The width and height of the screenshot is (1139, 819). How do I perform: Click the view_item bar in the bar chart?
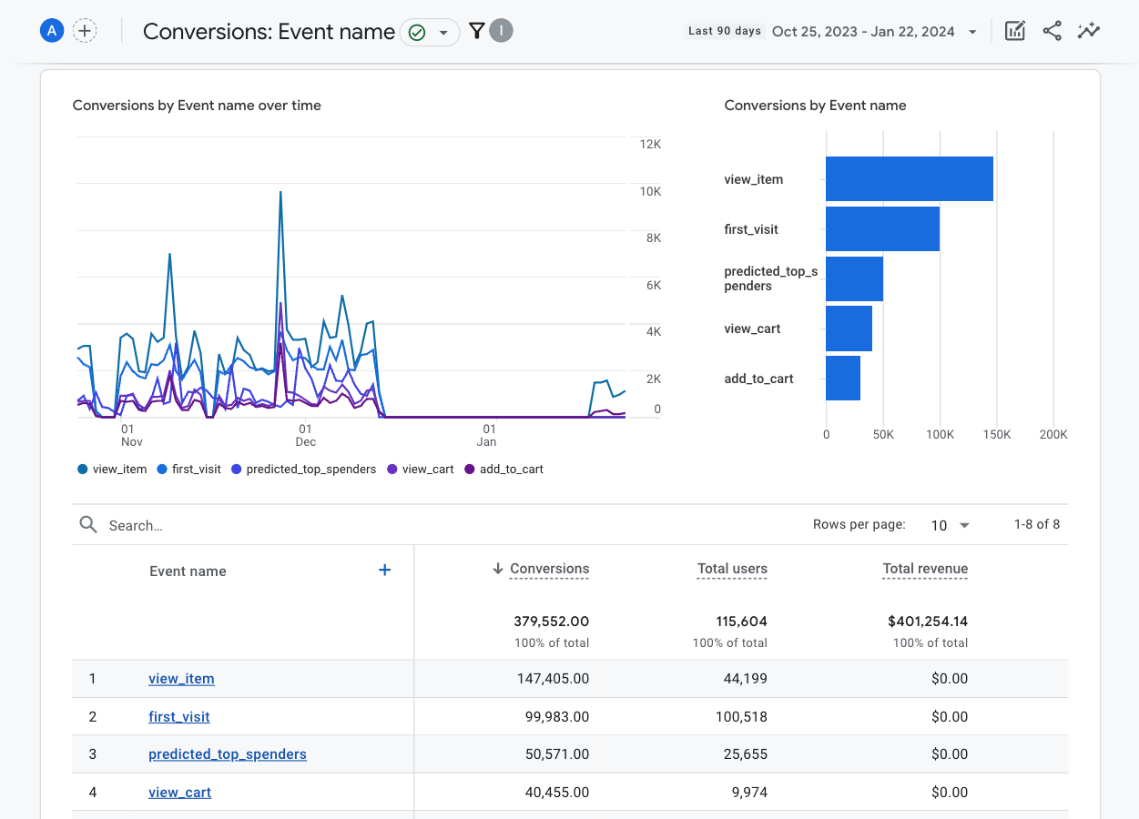click(x=909, y=179)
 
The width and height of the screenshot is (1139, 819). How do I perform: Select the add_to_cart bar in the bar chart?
click(x=843, y=379)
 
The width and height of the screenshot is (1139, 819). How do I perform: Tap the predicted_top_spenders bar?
click(x=854, y=278)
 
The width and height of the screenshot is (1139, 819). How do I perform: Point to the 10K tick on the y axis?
click(x=649, y=191)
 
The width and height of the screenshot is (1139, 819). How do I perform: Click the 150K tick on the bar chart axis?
click(x=996, y=435)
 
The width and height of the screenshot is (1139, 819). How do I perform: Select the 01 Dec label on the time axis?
click(x=305, y=435)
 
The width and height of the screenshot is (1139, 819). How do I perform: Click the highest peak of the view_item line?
click(x=280, y=193)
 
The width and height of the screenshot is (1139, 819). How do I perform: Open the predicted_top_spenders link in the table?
click(x=228, y=754)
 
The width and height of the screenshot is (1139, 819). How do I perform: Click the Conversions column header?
click(x=549, y=569)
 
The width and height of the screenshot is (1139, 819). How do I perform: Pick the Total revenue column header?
click(x=925, y=569)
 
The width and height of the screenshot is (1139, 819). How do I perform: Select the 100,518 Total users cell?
click(x=741, y=717)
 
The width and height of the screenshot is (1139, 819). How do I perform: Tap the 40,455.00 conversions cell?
click(x=557, y=793)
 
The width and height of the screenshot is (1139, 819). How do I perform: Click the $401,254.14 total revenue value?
click(x=928, y=622)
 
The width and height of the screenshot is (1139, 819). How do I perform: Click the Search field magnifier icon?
click(x=88, y=525)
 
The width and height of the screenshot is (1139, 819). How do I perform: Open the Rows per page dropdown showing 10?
click(x=950, y=525)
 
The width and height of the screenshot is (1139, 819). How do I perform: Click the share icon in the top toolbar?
click(x=1052, y=31)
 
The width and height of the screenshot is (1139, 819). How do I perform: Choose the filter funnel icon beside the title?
click(x=476, y=32)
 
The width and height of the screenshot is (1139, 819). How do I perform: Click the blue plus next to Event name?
click(x=384, y=570)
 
